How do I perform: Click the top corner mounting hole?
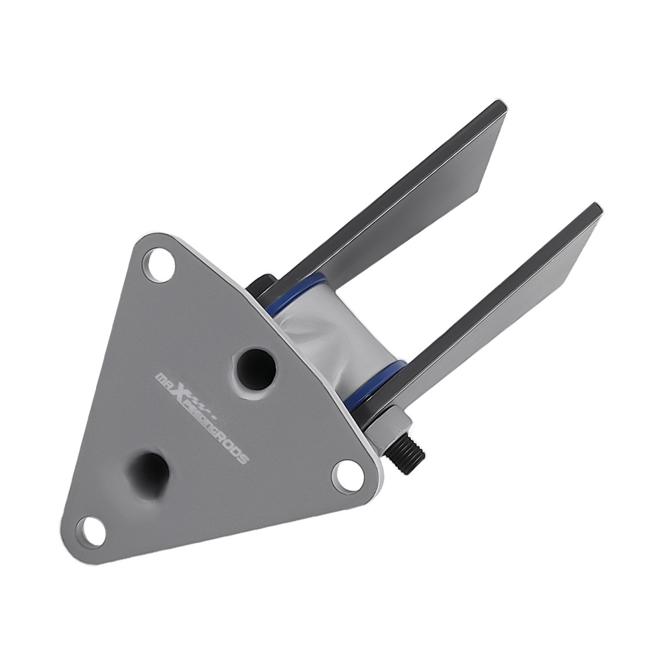coord(160,265)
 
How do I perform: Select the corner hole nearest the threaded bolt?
coord(348,475)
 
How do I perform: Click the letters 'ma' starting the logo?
coord(162,380)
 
